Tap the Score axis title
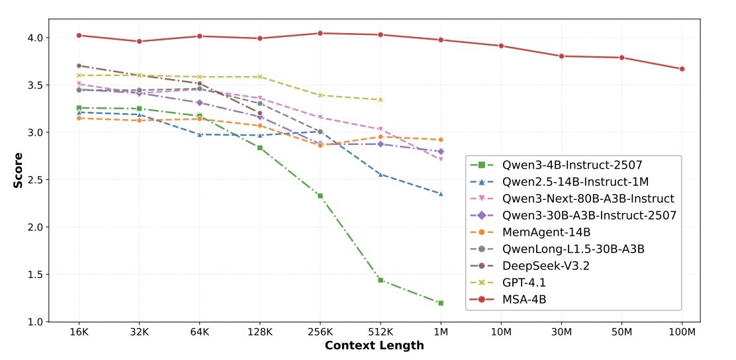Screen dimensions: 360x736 point(18,171)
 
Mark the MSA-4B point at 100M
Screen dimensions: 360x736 point(682,69)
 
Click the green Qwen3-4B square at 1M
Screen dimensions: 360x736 point(441,303)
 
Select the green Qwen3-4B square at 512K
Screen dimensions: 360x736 point(381,280)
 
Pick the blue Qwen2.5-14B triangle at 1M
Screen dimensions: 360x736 point(441,193)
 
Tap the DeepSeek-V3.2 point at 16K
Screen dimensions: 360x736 point(79,66)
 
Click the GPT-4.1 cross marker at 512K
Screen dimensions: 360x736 point(381,100)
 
